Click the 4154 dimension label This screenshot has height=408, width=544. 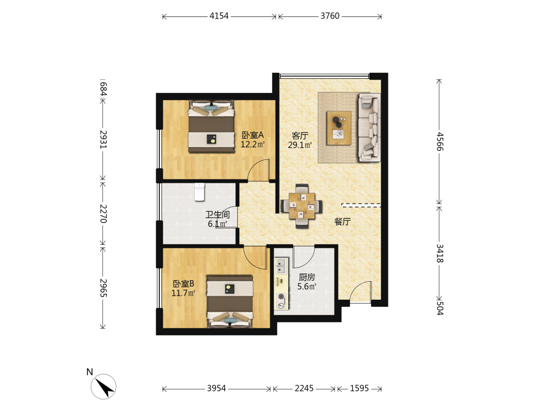pos(219,16)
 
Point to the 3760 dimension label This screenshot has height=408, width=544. pos(330,16)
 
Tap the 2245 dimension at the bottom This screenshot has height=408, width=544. pos(304,388)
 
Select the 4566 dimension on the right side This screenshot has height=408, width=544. pos(440,141)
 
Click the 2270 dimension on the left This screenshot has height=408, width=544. pos(103,213)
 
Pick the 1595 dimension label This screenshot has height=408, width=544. pos(359,388)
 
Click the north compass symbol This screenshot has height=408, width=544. pos(103,386)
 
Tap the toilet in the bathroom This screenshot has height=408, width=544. pos(200,192)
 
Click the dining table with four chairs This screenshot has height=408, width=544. pos(301,206)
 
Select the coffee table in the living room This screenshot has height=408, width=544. pos(338,128)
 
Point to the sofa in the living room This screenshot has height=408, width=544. pos(369,127)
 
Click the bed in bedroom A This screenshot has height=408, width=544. pos(211,127)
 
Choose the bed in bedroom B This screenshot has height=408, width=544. pos(230,301)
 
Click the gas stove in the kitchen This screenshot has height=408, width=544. pos(281,301)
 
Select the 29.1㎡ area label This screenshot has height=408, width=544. pos(300,145)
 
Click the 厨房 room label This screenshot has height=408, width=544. pos(307,277)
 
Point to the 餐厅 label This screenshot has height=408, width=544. pos(342,222)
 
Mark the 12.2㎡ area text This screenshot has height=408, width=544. pos(252,144)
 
